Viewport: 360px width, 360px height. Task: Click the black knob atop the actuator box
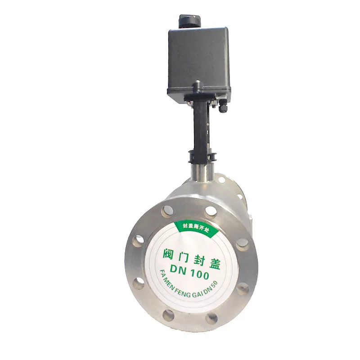click(188, 21)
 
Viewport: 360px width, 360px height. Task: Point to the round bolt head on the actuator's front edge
click(196, 83)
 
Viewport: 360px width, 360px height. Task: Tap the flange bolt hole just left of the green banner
click(168, 209)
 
